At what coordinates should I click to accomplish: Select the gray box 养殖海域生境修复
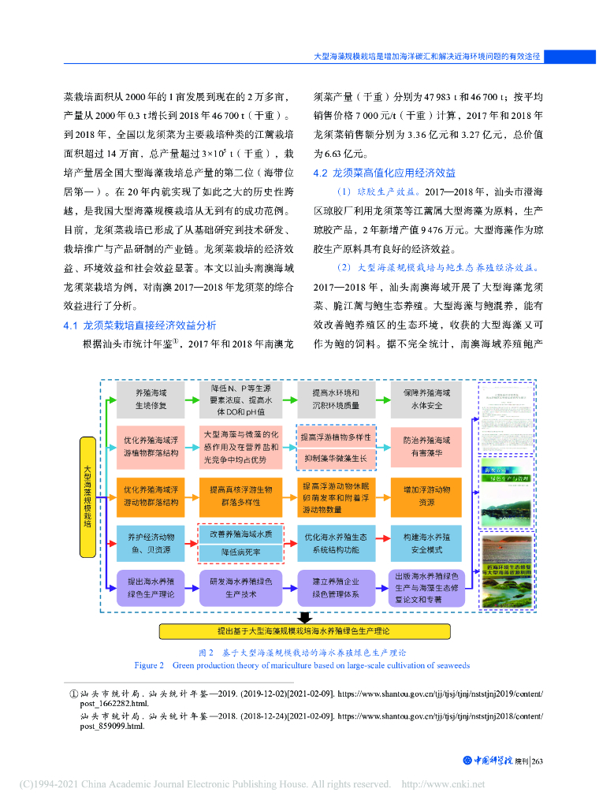[151, 399]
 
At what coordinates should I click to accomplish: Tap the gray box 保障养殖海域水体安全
[426, 399]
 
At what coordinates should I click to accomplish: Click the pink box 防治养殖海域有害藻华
[426, 447]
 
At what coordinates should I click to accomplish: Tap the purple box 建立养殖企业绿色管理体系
[335, 587]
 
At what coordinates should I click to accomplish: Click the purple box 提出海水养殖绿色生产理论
[151, 587]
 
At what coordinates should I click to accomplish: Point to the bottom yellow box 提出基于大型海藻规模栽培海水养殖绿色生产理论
[304, 631]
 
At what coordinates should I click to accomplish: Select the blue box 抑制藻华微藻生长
[335, 457]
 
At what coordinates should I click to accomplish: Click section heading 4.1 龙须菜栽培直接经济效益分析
[140, 325]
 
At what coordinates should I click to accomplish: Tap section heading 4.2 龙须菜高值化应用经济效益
[384, 173]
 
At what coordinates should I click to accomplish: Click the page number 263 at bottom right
[538, 761]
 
